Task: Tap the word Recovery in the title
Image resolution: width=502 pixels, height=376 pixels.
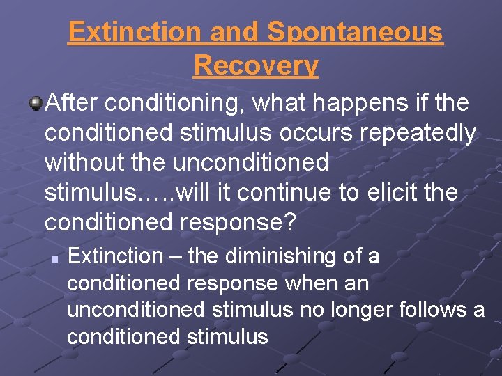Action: (256, 65)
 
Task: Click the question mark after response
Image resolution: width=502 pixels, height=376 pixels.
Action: (291, 222)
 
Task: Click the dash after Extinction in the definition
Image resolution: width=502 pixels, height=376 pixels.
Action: (175, 256)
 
